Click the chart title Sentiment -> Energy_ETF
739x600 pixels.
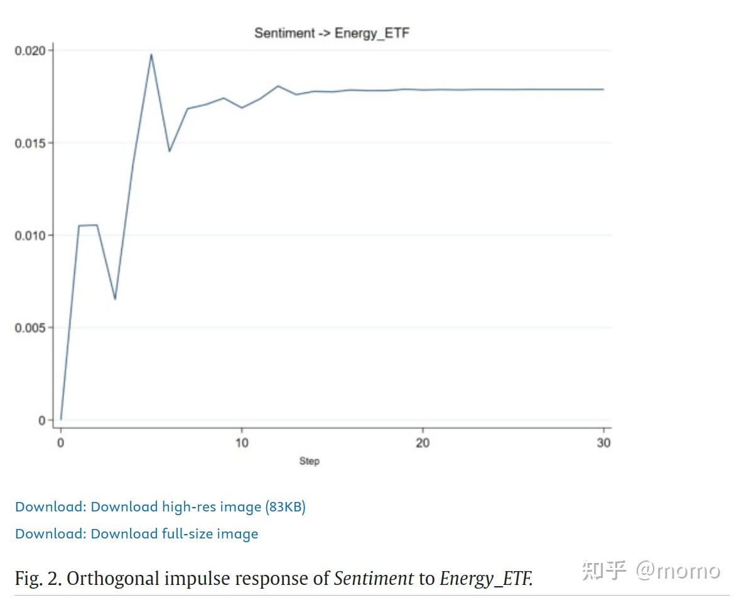332,33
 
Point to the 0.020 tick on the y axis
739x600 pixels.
30,51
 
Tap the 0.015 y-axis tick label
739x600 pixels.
30,143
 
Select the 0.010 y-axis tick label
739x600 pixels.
30,236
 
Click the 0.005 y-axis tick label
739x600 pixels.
30,328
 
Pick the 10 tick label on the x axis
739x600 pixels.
242,443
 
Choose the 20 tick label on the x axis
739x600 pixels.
423,443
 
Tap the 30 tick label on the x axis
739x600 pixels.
603,443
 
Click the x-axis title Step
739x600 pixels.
309,461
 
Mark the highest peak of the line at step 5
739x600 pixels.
151,55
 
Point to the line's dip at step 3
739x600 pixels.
115,299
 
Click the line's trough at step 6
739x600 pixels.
170,151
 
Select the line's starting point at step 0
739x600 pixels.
61,419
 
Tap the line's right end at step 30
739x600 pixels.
603,89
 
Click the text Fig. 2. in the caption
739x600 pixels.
38,578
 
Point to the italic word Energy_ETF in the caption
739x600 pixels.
485,578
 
